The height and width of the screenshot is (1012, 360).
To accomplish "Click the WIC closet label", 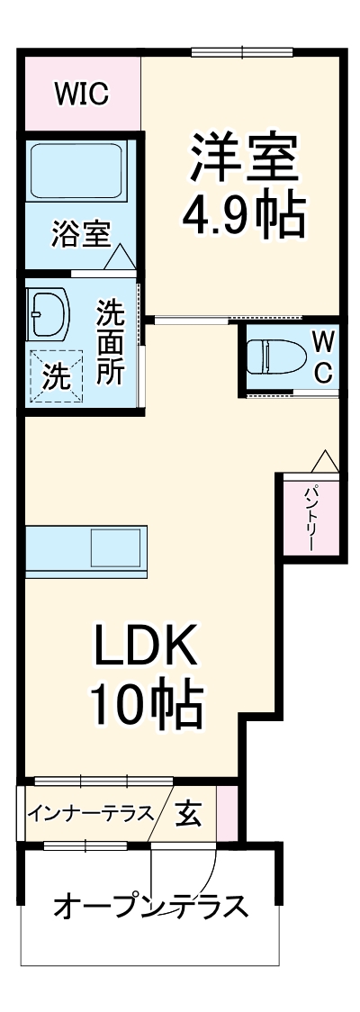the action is pos(81,95).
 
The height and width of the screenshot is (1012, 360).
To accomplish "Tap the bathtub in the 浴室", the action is pos(76,172).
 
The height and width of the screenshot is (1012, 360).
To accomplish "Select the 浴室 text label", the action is pos(81,235).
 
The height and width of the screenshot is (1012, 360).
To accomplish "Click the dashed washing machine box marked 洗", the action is pos(56,375).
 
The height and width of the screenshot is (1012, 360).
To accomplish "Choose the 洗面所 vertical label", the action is pos(111,342).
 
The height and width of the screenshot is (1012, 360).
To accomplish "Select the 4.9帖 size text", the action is pos(243,216).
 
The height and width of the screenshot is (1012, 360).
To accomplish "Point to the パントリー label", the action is pos(311,517).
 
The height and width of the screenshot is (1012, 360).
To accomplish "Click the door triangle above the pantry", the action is pos(325,461).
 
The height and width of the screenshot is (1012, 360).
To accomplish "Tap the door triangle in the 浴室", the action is pos(120,257).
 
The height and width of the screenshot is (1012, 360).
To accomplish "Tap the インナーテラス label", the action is pos(90,811).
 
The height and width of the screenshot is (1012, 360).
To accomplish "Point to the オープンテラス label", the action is pos(151,907).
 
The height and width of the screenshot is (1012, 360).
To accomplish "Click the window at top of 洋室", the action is pos(242,52).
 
